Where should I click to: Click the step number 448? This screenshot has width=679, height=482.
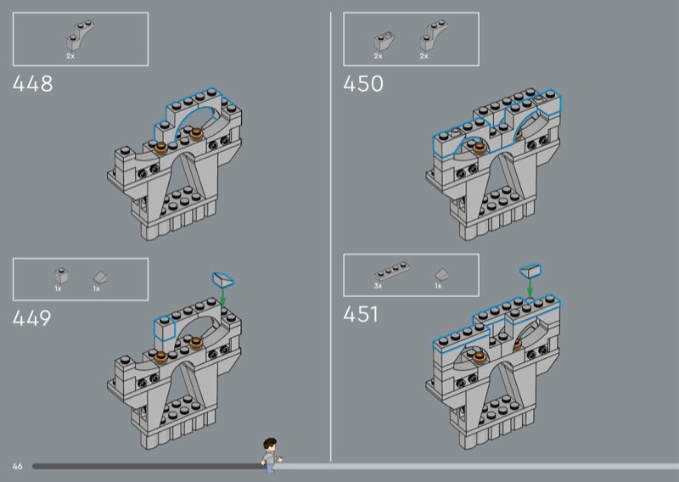tap(33, 83)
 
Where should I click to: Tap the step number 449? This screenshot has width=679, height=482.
tap(32, 318)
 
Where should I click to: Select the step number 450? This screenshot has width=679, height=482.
tap(363, 83)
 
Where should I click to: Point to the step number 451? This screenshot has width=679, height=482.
tap(361, 315)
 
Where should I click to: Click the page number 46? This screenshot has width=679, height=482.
tap(17, 467)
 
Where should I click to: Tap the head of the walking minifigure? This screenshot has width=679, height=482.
tap(270, 445)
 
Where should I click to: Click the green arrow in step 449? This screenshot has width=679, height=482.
tap(223, 297)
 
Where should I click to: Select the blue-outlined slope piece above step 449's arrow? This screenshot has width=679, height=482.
tap(223, 279)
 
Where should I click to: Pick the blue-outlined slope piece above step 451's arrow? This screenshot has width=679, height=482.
tap(530, 271)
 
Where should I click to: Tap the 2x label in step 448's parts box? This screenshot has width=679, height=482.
tap(70, 56)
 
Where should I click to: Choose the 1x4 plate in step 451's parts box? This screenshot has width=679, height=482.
tap(392, 272)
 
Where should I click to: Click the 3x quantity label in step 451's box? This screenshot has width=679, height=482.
tap(378, 286)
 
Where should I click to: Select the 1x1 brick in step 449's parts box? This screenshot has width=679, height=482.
tap(61, 276)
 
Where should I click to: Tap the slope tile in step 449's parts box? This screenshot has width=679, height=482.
tap(100, 277)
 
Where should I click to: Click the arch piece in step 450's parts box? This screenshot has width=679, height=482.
tap(433, 36)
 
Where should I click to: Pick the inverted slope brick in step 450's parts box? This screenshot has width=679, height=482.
tap(384, 42)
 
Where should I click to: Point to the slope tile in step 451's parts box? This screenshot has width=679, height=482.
tap(441, 275)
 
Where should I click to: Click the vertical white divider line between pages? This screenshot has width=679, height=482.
tap(331, 237)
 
